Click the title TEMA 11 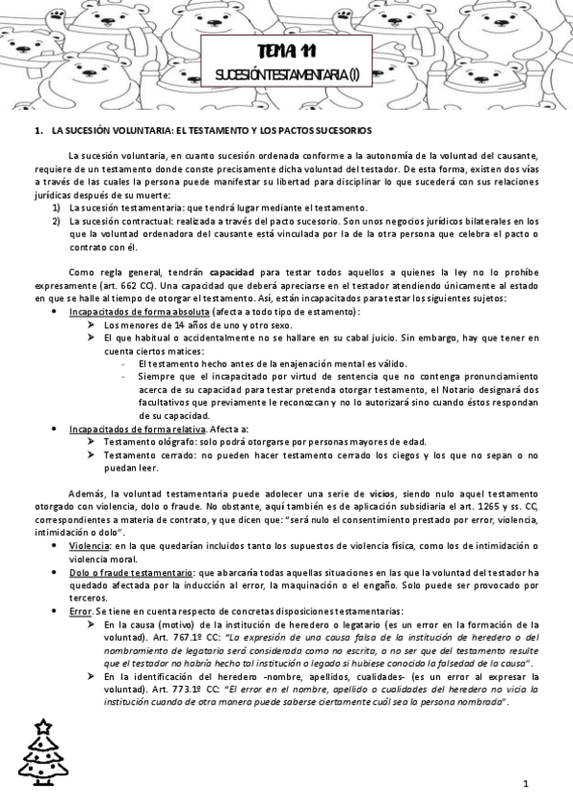(x=286, y=52)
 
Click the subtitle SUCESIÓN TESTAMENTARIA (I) (x=286, y=73)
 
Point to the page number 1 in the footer (x=526, y=783)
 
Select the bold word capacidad (x=231, y=272)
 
